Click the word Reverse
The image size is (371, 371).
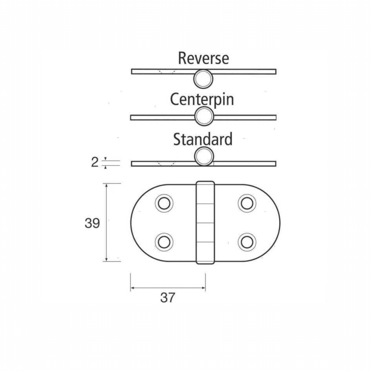[x=203, y=58]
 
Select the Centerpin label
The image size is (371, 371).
[x=202, y=100]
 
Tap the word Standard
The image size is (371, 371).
[x=203, y=139]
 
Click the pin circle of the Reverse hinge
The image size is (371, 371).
[x=203, y=79]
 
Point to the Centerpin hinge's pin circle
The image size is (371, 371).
[x=204, y=116]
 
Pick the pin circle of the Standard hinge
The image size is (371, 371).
[x=204, y=156]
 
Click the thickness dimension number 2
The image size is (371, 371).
[x=95, y=162]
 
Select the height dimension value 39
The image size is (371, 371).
[x=92, y=223]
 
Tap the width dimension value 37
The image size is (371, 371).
[x=168, y=297]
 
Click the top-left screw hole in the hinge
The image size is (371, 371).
[x=164, y=203]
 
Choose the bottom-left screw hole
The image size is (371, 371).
[x=164, y=242]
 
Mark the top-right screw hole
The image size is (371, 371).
[x=247, y=203]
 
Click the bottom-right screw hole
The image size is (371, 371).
[x=247, y=242]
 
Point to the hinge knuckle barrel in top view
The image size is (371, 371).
[x=205, y=223]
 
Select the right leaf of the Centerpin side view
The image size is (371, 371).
[x=245, y=117]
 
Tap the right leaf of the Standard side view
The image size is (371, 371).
[x=245, y=164]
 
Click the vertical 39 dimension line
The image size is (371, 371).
[x=106, y=222]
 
